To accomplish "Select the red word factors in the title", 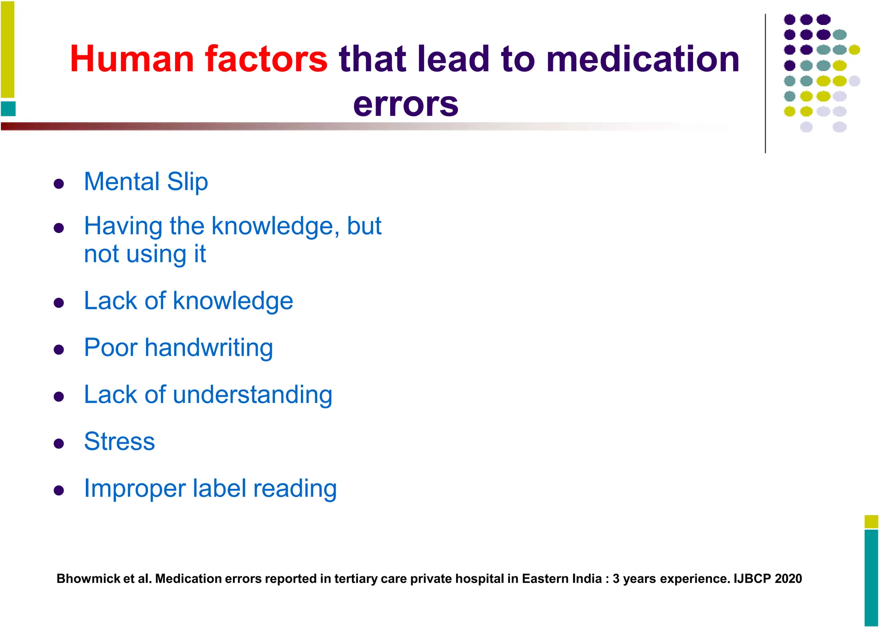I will coord(266,59).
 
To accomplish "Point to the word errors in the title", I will coord(406,104).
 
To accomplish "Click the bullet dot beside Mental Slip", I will coord(59,184).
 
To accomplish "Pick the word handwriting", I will coord(209,347).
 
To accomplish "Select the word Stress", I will coord(119,441).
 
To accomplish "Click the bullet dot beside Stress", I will coord(59,443).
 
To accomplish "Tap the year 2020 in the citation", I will coord(788,579).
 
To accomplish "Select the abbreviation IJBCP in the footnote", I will coord(752,579).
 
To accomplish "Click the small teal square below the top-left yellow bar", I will coord(8,109).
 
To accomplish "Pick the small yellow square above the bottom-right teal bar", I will coord(871,521).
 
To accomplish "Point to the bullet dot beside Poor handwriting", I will coord(59,350).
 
